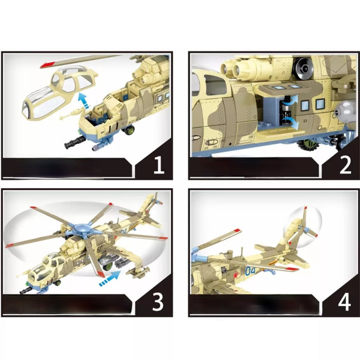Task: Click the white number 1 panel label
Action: tap(158, 166)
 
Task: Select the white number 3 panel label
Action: tap(158, 302)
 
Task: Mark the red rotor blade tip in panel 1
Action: tap(46, 65)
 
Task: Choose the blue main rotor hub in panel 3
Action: tap(84, 230)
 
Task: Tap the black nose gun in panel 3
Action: tap(27, 292)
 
